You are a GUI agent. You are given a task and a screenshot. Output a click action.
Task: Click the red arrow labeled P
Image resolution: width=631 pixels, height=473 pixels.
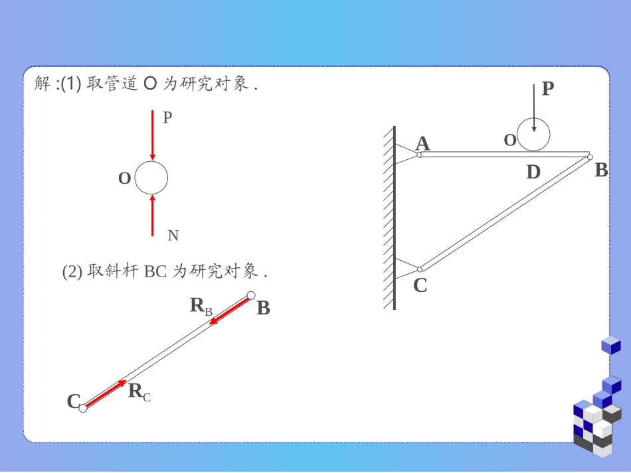pos(152,135)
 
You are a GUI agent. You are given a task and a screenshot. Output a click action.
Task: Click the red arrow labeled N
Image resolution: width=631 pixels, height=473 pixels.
pos(152,215)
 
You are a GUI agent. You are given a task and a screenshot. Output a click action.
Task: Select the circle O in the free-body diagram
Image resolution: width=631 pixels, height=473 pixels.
pos(151,178)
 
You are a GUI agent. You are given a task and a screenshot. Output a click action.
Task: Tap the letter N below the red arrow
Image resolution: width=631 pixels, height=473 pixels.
pos(173,236)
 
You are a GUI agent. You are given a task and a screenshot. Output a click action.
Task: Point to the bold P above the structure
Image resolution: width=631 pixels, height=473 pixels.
pos(547,88)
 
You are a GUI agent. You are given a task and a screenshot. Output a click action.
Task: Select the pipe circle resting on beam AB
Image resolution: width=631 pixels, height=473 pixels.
pos(533,134)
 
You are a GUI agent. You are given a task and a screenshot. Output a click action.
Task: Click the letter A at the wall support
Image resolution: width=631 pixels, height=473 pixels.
pos(422,143)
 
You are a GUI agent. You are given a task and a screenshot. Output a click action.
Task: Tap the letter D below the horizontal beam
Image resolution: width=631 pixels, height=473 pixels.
pos(533,172)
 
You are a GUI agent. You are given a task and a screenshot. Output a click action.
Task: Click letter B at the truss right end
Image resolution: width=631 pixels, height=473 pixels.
pos(601,170)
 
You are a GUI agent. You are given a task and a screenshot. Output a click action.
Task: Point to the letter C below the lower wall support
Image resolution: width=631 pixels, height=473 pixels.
pos(420,285)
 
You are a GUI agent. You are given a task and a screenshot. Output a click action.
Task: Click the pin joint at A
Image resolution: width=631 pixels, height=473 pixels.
pos(419,155)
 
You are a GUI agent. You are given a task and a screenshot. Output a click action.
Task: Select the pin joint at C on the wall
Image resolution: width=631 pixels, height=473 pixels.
pos(420,269)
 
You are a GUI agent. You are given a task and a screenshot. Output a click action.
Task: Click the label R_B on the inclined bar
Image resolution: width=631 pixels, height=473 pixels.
pos(201,306)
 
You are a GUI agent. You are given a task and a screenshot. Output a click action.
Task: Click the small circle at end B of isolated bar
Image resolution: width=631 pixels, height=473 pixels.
pos(251,295)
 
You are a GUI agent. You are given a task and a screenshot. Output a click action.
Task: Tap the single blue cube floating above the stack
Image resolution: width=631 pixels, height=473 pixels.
pos(610,345)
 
